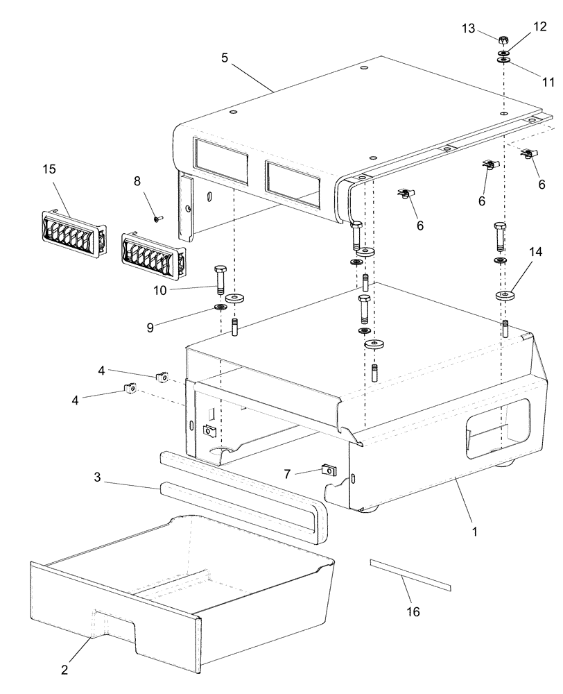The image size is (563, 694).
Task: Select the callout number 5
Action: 225,58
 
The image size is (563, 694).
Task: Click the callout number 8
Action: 137,181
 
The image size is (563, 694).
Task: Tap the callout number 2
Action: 64,670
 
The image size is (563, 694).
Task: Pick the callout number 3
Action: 98,477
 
